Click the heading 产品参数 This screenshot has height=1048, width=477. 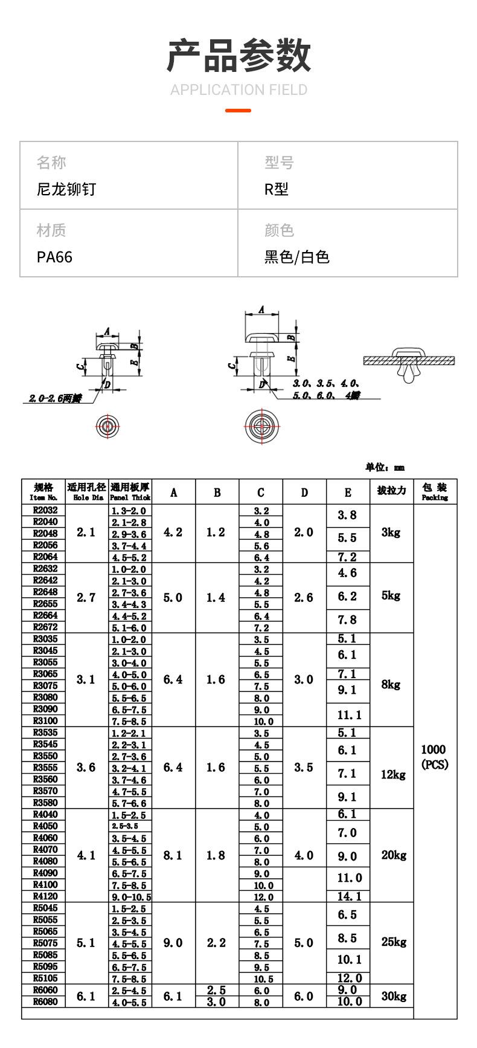238,55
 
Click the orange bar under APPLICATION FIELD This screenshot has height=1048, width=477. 238,111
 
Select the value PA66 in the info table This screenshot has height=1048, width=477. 54,257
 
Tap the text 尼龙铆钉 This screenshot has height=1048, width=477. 66,189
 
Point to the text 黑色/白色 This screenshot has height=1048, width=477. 296,257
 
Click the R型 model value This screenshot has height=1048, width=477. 276,189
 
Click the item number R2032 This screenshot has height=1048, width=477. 45,510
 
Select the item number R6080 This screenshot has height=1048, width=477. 45,1002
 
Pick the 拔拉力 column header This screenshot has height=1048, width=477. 391,491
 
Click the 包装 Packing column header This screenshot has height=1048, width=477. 435,491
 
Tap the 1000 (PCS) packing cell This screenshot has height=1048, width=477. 435,757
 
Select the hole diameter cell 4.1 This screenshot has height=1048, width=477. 86,855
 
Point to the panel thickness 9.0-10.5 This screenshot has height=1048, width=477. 131,897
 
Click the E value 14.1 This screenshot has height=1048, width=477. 348,897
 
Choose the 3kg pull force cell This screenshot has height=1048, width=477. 391,532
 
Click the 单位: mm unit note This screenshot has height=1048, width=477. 385,467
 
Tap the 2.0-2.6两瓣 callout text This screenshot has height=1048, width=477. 54,398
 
